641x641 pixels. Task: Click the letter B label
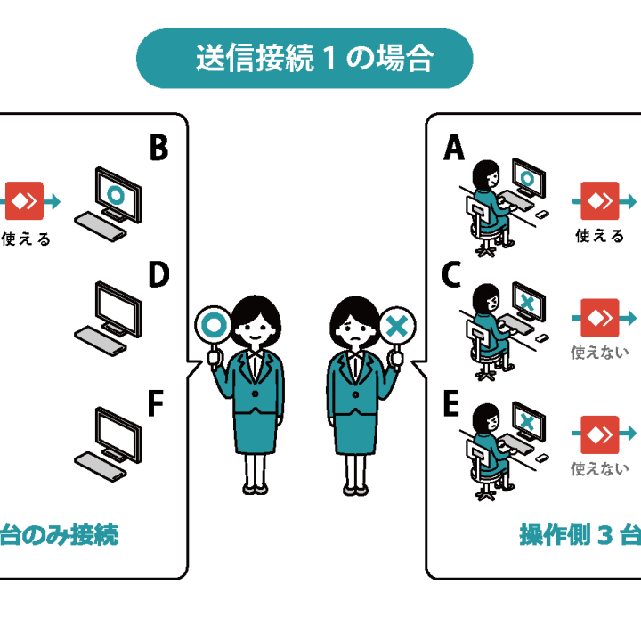158,149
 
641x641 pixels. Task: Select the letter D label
158,277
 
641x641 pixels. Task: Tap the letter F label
155,404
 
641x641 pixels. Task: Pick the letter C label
452,277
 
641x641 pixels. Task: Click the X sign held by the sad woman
396,326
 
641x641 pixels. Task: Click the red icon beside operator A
599,200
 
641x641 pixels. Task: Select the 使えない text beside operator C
599,353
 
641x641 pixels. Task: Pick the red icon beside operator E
599,434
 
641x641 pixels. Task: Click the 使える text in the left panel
27,239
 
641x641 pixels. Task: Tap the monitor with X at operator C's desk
526,303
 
